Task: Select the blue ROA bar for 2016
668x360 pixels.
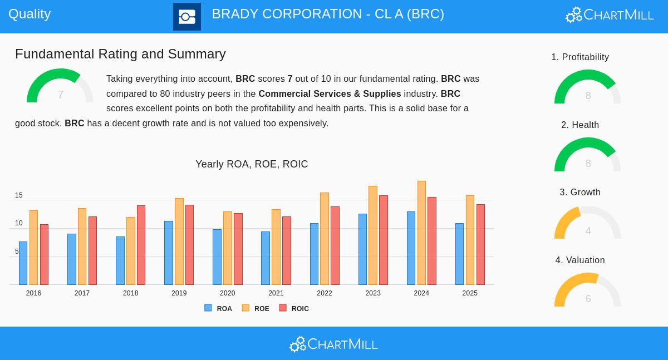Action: click(23, 263)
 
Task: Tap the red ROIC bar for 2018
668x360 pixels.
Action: click(141, 245)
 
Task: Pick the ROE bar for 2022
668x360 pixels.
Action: click(325, 239)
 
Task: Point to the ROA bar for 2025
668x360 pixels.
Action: click(459, 254)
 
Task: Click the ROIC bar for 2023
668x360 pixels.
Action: click(384, 240)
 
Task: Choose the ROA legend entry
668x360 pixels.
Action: click(218, 308)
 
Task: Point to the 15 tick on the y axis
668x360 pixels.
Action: click(19, 195)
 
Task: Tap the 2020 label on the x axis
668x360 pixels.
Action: click(227, 293)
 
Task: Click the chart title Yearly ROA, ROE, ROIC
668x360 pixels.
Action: click(252, 164)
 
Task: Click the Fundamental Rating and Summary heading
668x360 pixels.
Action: click(120, 54)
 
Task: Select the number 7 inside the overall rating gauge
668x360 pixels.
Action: click(60, 95)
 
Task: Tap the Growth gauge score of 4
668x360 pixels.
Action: click(588, 231)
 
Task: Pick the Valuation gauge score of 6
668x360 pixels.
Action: click(588, 299)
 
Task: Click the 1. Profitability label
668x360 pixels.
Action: click(580, 57)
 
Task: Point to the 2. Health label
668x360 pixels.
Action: click(580, 125)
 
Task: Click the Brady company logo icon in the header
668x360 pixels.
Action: click(187, 17)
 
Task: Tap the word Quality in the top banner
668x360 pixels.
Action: click(30, 14)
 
